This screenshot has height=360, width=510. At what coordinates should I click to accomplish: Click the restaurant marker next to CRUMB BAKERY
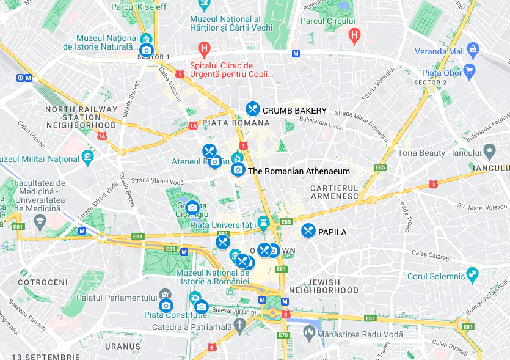pyautogui.click(x=253, y=109)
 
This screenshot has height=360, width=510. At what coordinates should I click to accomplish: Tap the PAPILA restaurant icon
pyautogui.click(x=308, y=231)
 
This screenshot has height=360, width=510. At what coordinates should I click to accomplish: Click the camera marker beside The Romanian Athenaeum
pyautogui.click(x=238, y=169)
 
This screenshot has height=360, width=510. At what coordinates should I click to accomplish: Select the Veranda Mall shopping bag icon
pyautogui.click(x=473, y=50)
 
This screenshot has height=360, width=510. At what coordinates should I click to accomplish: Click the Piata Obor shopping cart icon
pyautogui.click(x=469, y=71)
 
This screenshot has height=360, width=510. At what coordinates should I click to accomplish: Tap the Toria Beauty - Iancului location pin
pyautogui.click(x=489, y=150)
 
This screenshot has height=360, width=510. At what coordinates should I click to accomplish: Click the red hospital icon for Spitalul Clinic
pyautogui.click(x=205, y=48)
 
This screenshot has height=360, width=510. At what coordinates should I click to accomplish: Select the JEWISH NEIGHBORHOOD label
pyautogui.click(x=324, y=286)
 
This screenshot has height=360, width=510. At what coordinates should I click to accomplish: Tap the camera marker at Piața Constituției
pyautogui.click(x=166, y=306)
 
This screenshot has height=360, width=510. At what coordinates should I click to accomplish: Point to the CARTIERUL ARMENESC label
pyautogui.click(x=335, y=192)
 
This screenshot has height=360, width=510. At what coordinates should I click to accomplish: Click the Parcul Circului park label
pyautogui.click(x=328, y=21)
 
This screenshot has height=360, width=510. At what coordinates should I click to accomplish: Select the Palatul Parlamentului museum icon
pyautogui.click(x=164, y=295)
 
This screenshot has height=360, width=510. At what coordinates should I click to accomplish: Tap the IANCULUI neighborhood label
pyautogui.click(x=490, y=167)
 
